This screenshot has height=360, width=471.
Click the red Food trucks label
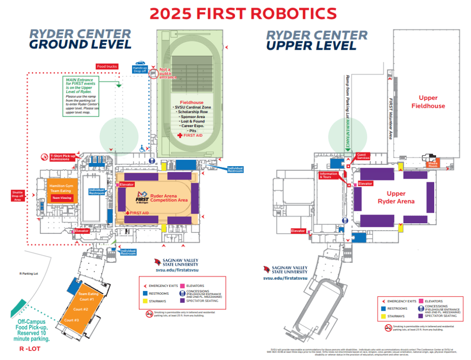point(107,66)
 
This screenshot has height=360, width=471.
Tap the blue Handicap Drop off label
point(140,69)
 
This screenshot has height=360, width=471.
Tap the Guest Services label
point(363,157)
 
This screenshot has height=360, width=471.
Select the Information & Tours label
point(329,175)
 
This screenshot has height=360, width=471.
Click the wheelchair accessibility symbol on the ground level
point(143,148)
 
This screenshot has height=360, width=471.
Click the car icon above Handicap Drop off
point(140,63)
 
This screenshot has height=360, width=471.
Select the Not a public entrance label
point(167,74)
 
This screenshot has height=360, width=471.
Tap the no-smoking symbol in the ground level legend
point(149,314)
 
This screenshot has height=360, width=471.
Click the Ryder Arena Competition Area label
point(169,198)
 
